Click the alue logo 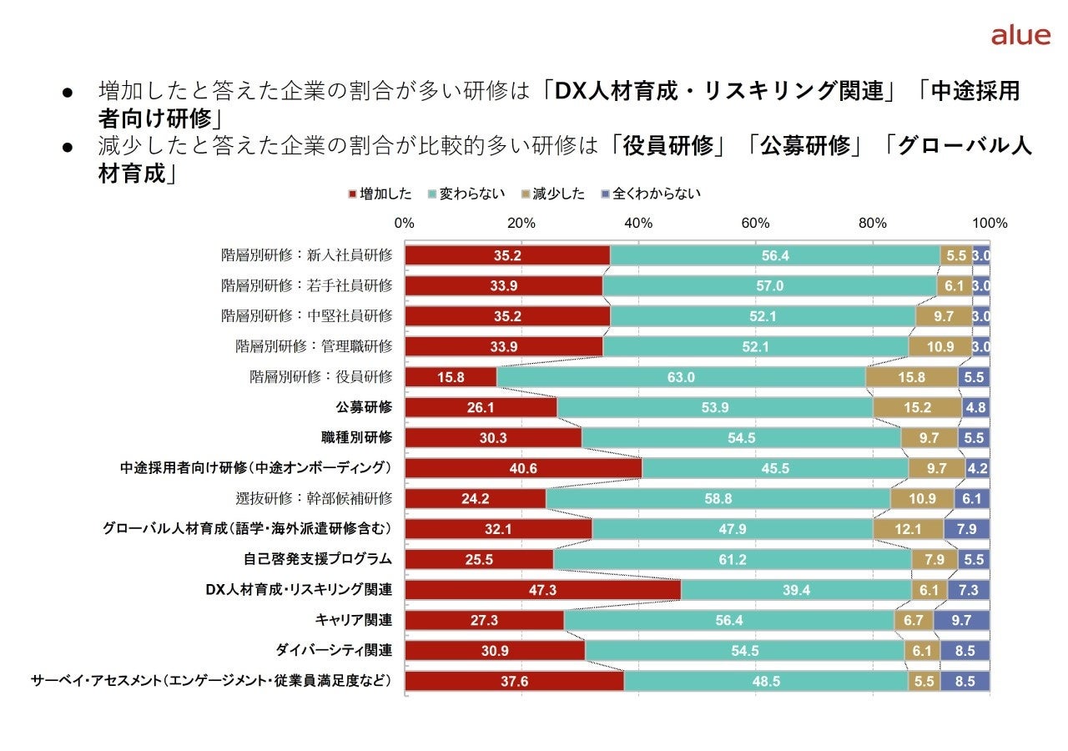pos(1020,35)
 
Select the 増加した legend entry pos(380,194)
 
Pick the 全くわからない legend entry pos(650,194)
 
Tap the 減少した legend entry pos(556,194)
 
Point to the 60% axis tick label pos(755,224)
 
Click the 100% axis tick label pos(990,224)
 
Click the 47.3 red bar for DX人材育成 pos(543,590)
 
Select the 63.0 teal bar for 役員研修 pos(681,377)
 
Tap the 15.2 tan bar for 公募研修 pos(917,407)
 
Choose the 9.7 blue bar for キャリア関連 pos(961,620)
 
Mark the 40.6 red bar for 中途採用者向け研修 pos(524,468)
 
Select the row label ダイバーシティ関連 pos(334,650)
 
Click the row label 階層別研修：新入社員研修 pos(306,255)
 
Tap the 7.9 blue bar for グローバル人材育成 pos(967,529)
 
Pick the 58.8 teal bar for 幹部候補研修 pos(718,498)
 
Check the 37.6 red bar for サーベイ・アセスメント pos(515,681)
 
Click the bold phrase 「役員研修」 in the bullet pos(666,145)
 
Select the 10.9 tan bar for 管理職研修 pos(940,346)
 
